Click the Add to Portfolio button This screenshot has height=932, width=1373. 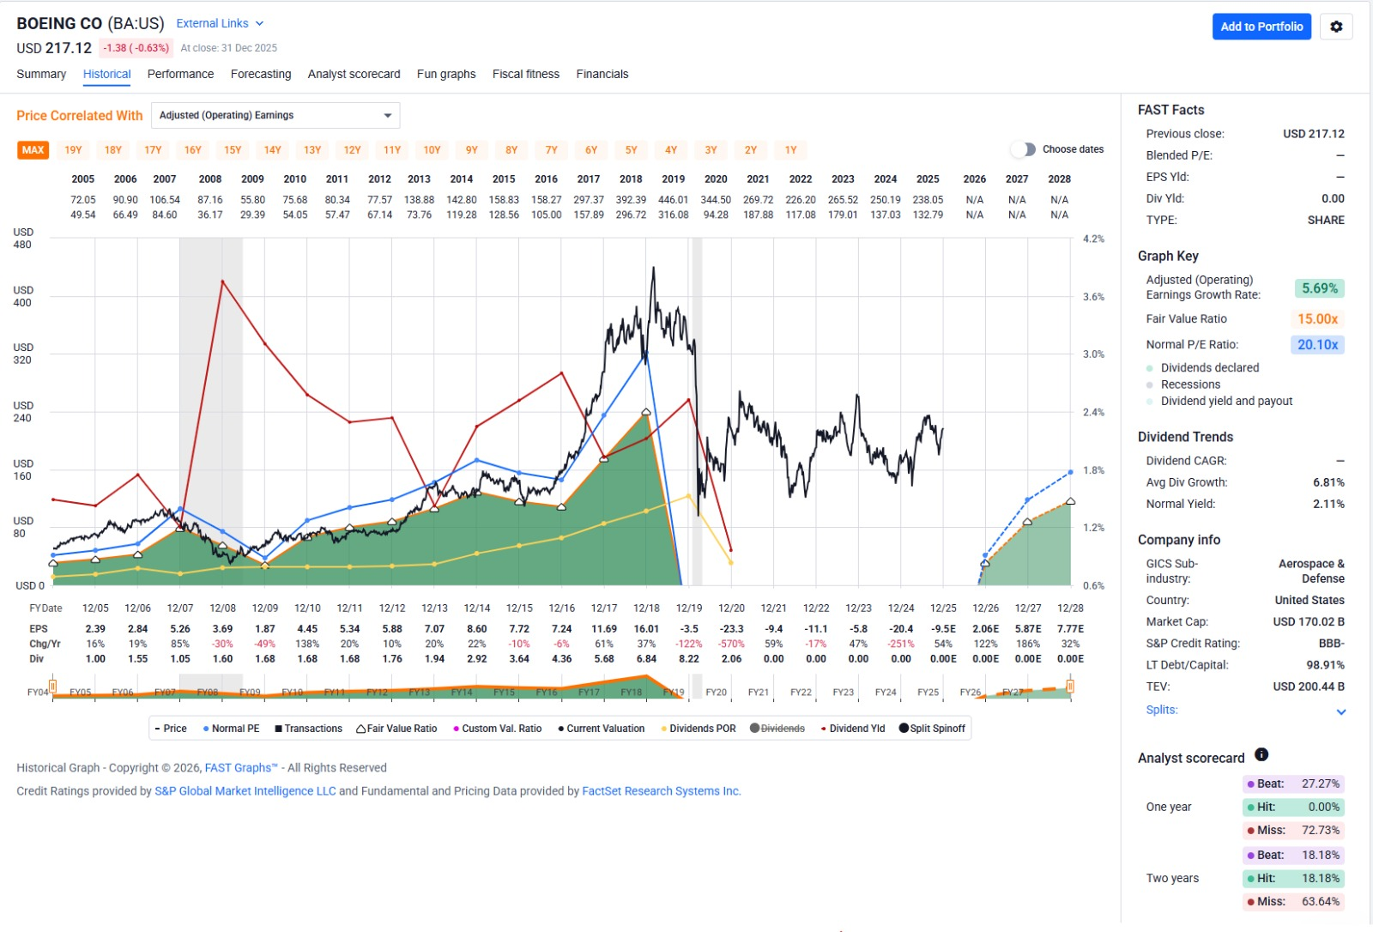coord(1261,27)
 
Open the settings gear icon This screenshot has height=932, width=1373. coord(1336,27)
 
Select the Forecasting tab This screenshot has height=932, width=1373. coord(261,74)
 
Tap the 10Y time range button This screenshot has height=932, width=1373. coord(432,150)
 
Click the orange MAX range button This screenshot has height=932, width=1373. coord(33,150)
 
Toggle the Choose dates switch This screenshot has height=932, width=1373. coord(1023,149)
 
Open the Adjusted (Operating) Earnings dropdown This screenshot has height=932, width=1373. coord(275,115)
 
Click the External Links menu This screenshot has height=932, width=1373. coord(220,23)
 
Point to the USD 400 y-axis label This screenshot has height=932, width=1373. coord(22,296)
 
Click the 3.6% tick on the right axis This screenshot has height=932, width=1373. coord(1093,297)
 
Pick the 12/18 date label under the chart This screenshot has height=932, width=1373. coord(646,608)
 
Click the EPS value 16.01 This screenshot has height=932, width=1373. coord(646,629)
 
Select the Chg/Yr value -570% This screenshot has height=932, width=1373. coord(731,644)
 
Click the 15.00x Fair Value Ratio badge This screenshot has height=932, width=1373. coord(1317,319)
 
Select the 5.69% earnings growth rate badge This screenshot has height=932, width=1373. coord(1319,288)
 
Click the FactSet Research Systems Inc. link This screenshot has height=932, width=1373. coord(661,791)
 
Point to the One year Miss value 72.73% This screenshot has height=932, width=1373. coord(1320,830)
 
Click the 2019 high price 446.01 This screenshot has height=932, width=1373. coord(673,200)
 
